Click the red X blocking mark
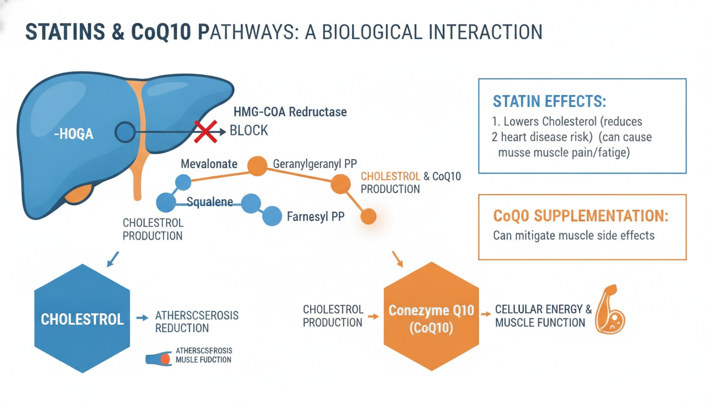pyautogui.click(x=206, y=131)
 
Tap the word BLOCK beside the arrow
pyautogui.click(x=249, y=130)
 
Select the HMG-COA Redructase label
pyautogui.click(x=290, y=112)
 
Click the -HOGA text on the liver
pyautogui.click(x=73, y=134)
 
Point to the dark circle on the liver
pyautogui.click(x=125, y=132)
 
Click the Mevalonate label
pyautogui.click(x=209, y=164)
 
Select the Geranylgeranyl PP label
pyautogui.click(x=314, y=164)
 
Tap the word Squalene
pyautogui.click(x=209, y=201)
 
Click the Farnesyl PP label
pyautogui.click(x=315, y=216)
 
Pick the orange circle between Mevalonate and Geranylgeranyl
pyautogui.click(x=257, y=166)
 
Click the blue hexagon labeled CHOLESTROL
pyautogui.click(x=82, y=319)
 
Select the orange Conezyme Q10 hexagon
pyautogui.click(x=431, y=316)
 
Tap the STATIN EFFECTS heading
pyautogui.click(x=549, y=101)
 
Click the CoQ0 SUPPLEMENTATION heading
pyautogui.click(x=580, y=216)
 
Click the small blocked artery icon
pyautogui.click(x=159, y=359)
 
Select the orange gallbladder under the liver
pyautogui.click(x=79, y=194)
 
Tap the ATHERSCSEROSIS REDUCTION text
pyautogui.click(x=197, y=322)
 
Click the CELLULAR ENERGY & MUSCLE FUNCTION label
pyautogui.click(x=543, y=316)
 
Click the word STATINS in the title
pyautogui.click(x=65, y=32)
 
